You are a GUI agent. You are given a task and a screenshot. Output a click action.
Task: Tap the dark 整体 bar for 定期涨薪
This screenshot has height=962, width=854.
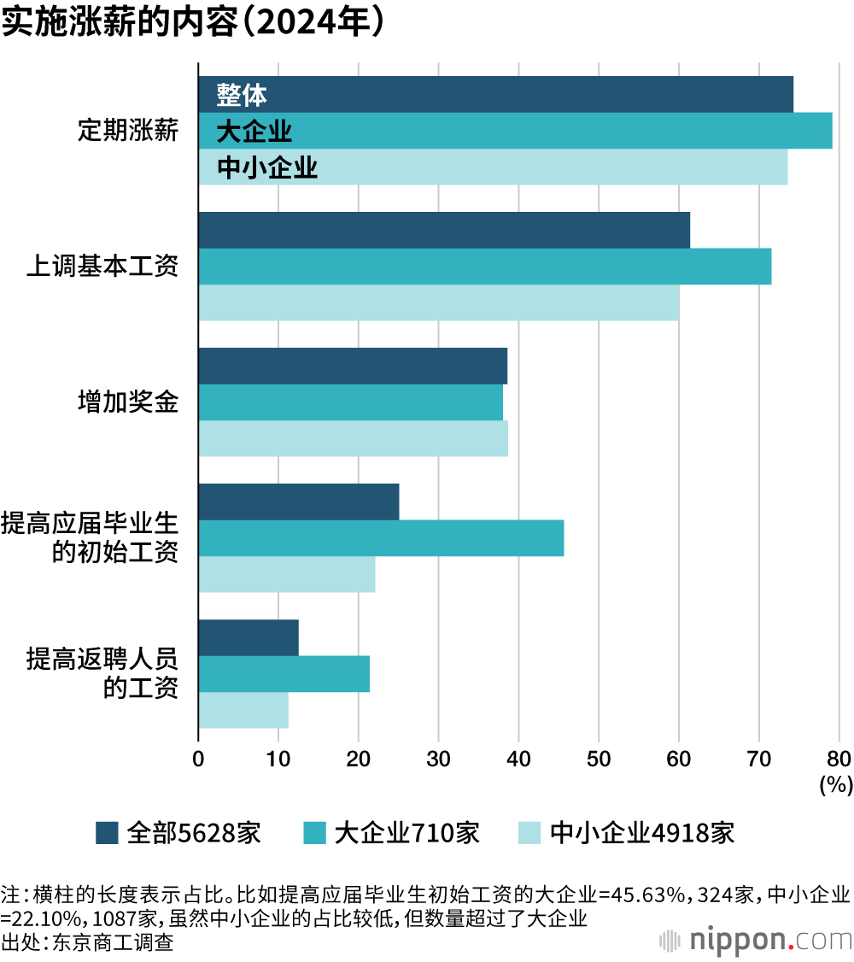point(495,94)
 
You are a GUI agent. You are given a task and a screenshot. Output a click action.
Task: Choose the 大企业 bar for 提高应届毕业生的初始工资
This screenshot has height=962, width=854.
point(381,537)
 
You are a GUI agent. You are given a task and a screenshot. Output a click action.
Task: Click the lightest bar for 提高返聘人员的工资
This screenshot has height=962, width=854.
point(243,710)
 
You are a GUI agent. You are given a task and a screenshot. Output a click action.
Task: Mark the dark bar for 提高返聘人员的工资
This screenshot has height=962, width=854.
point(249,637)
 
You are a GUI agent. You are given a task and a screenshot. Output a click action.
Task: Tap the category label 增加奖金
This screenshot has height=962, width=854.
point(128,402)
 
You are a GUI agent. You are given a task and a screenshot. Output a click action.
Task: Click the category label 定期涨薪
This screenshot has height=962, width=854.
point(128,131)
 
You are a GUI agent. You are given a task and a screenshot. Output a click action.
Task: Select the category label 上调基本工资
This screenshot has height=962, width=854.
point(102,267)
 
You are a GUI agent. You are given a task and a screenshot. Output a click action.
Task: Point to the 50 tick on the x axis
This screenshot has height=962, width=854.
point(599,758)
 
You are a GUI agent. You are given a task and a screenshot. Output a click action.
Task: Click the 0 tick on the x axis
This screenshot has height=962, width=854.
point(198,758)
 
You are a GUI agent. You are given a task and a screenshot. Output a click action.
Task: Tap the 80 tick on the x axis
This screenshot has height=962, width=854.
point(839,758)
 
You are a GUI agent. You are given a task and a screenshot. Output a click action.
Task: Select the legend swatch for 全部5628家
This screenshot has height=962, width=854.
point(107,832)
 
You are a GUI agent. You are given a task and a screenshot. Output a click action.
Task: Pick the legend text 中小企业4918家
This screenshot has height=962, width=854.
point(641,832)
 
